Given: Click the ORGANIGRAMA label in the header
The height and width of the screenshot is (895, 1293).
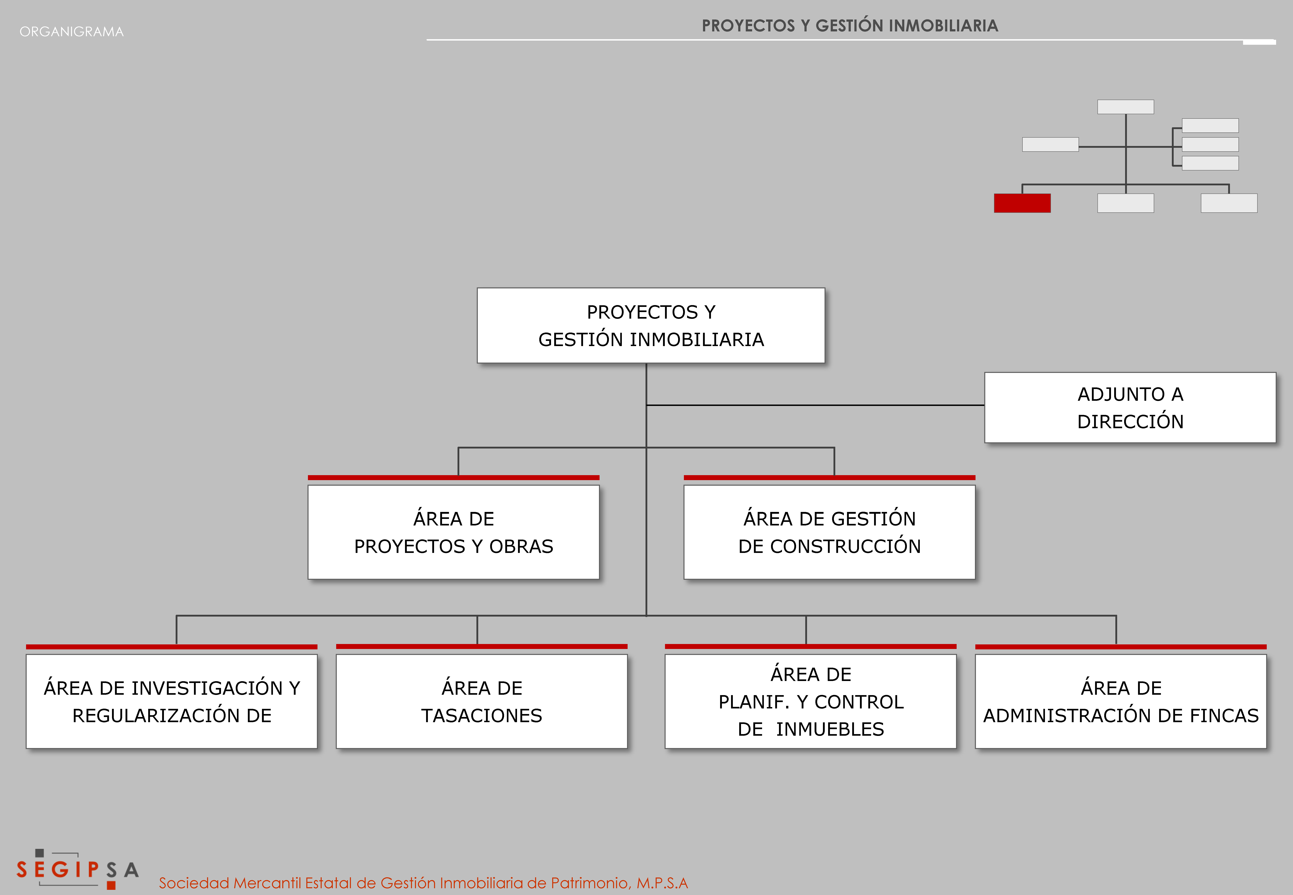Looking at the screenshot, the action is pos(72,31).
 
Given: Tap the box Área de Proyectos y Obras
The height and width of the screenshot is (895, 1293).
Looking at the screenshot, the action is pos(454,532).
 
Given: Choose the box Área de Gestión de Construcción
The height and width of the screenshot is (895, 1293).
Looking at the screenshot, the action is pos(829,532).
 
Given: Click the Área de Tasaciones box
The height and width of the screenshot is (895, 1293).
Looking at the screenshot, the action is pos(482,701).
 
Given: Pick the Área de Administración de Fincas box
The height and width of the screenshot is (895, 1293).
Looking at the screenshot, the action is pos(1121,701).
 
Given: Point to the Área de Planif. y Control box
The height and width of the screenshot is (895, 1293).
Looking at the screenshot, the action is pos(811,701).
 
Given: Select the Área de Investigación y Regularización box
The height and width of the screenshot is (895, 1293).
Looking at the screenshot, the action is pos(172,701).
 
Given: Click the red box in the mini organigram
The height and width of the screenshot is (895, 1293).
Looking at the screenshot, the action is pos(1022,203).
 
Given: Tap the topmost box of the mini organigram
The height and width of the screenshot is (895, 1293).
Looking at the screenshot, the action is pos(1125,107).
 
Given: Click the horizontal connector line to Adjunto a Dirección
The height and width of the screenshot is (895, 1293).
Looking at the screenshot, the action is pos(815,405).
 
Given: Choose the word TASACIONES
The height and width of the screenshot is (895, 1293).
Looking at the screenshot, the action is pos(482,716).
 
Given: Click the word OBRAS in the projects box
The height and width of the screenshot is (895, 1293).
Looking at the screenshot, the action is pos(521,546).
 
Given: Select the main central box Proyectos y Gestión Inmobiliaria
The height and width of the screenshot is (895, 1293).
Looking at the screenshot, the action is pos(651,325).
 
